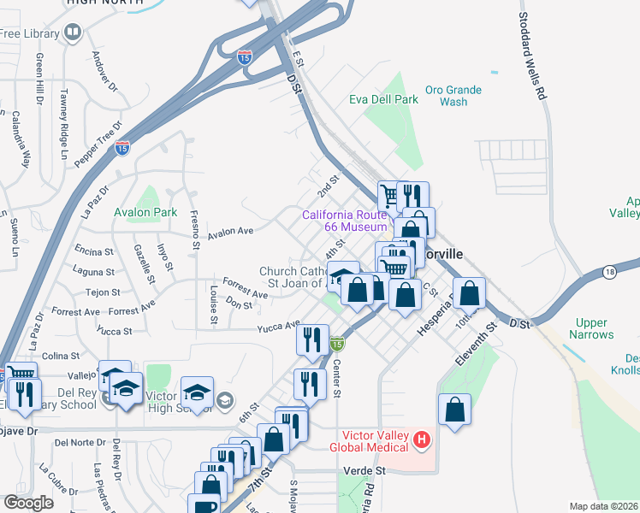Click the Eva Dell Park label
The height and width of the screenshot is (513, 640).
coord(383,100)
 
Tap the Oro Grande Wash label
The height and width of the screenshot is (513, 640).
coord(453,96)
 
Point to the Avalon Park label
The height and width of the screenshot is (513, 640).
coord(145,212)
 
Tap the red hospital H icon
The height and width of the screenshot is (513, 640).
coord(421,441)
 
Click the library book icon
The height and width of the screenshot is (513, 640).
coord(73,33)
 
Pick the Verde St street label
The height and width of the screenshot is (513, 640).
coord(364,470)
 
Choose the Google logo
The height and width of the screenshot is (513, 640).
coord(28,503)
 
